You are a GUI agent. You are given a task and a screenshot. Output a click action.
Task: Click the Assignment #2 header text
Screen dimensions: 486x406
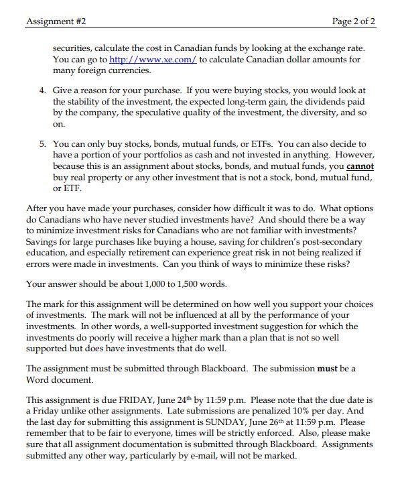click(56, 21)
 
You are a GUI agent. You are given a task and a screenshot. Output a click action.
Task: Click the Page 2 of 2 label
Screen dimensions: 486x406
click(354, 21)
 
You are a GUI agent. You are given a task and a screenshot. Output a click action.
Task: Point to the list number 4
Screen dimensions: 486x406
click(41, 90)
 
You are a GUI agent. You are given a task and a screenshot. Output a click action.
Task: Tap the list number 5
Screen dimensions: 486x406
click(41, 144)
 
